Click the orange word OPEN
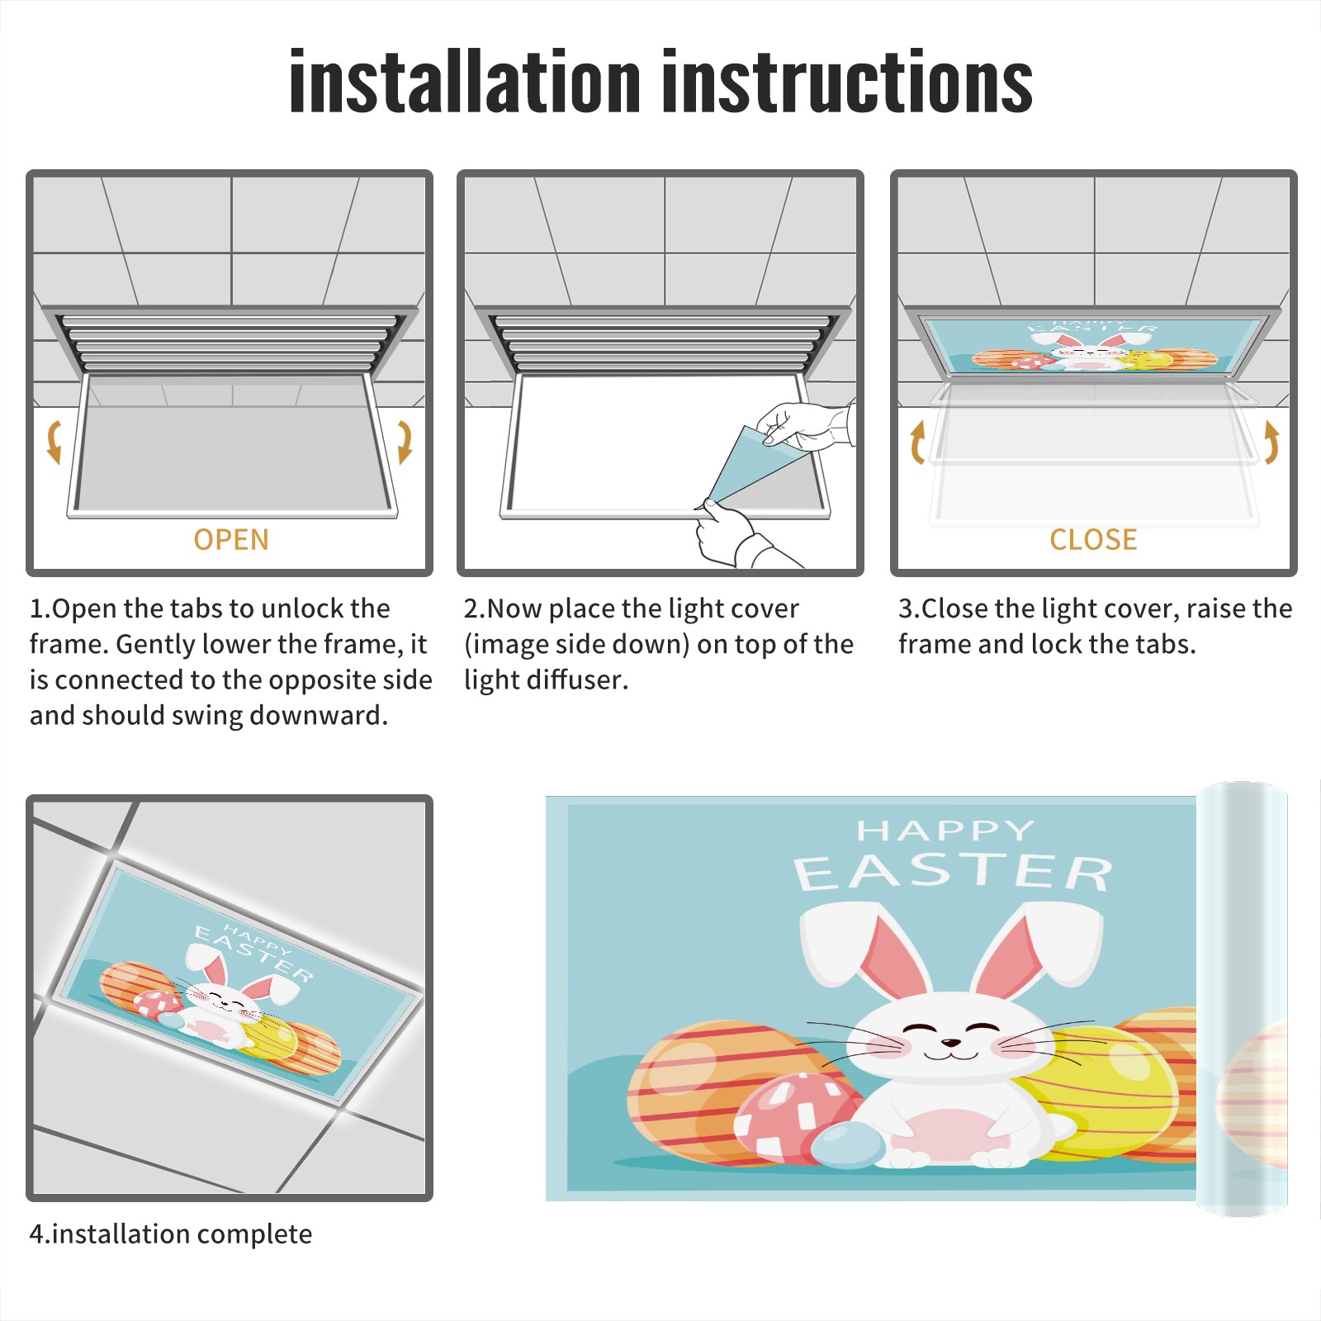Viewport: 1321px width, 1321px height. [231, 540]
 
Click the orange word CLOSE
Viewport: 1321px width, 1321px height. [1093, 540]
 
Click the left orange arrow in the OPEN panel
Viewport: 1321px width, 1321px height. [54, 442]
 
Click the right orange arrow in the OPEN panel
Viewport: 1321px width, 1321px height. [405, 442]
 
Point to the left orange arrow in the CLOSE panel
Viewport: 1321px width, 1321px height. [917, 442]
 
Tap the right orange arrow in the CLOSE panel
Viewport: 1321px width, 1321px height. [1271, 442]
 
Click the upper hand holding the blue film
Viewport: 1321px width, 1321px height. [805, 425]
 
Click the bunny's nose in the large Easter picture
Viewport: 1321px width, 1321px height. [950, 1043]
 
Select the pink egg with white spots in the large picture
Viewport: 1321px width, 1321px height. [793, 1119]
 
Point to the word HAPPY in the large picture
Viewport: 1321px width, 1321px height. [945, 830]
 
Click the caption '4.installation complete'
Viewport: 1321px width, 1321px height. [171, 1234]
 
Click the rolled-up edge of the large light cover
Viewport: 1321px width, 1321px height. [1242, 999]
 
